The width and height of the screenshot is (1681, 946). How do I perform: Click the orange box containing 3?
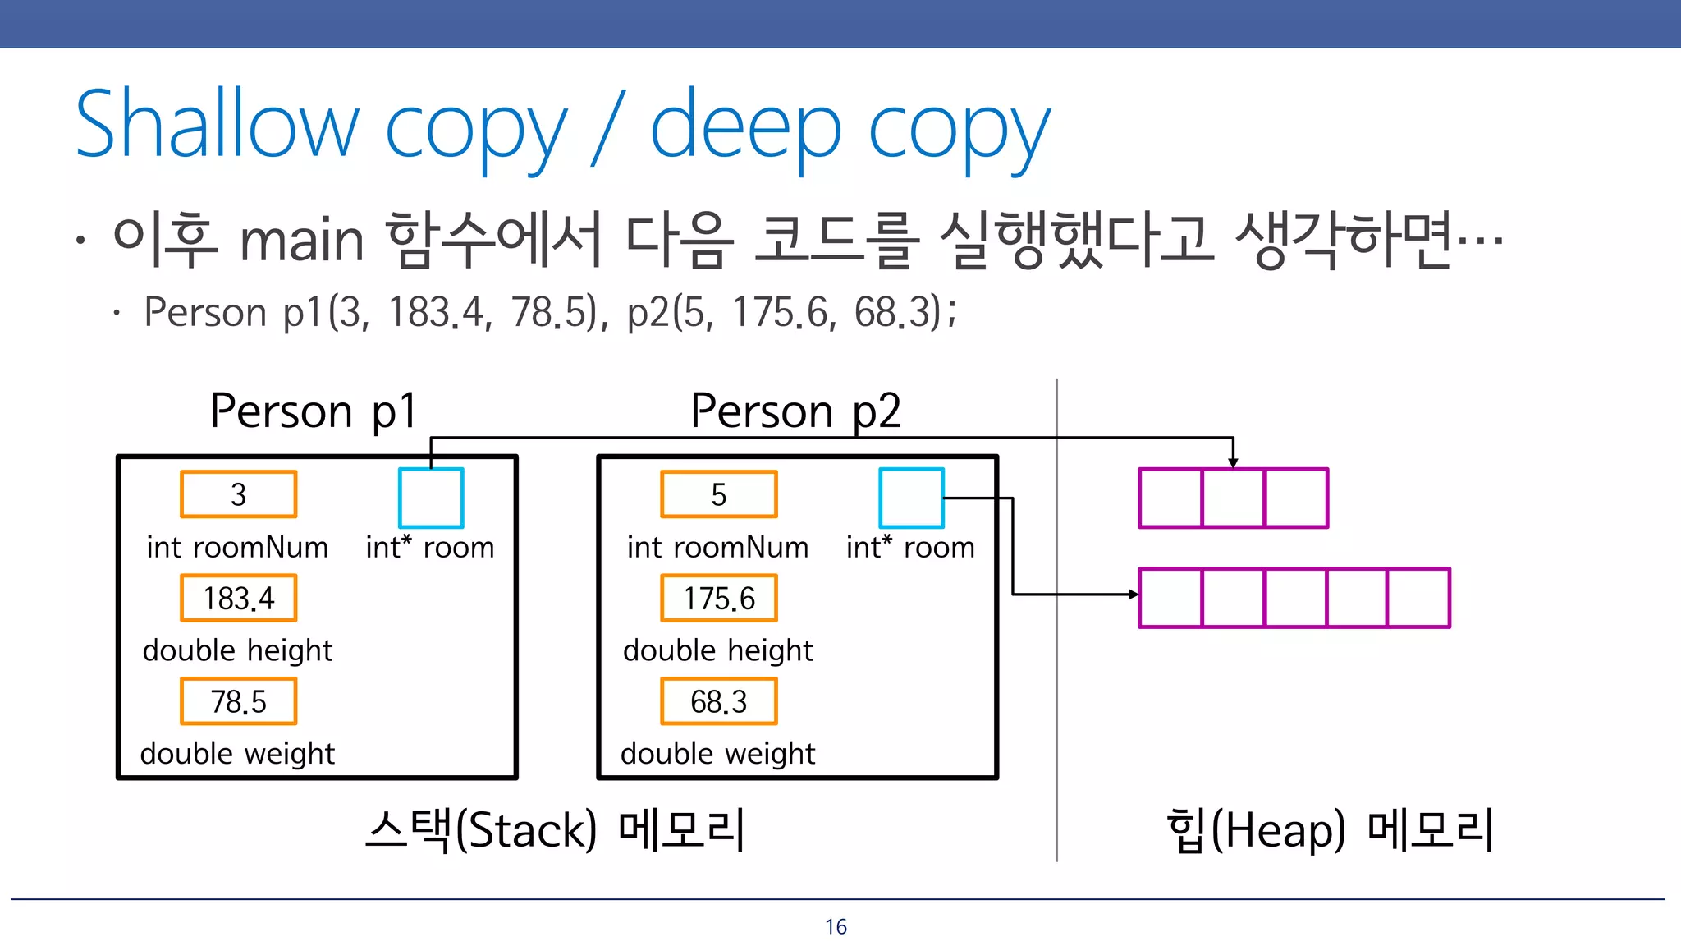(238, 494)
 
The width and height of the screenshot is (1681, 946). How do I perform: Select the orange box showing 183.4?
(238, 598)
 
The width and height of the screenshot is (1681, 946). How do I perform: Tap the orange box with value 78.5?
(238, 701)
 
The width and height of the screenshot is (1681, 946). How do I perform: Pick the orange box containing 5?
(719, 494)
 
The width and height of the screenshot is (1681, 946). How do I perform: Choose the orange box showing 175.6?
(719, 598)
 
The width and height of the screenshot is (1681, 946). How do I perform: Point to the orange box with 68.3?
(719, 701)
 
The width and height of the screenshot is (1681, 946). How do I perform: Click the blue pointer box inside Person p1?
(431, 498)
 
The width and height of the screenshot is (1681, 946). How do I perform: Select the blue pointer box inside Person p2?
(911, 498)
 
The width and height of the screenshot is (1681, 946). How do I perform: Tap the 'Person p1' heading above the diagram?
(314, 411)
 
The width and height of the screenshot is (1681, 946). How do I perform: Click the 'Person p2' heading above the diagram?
(795, 411)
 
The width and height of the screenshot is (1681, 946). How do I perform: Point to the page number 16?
(836, 927)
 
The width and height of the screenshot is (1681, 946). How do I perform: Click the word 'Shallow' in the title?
(218, 125)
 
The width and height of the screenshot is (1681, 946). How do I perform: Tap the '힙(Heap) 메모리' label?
(1330, 829)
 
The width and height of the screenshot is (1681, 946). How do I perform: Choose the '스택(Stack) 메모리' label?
(556, 829)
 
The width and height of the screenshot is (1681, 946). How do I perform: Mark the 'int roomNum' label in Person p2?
(717, 547)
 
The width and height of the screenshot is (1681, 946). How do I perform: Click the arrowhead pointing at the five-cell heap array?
(1134, 594)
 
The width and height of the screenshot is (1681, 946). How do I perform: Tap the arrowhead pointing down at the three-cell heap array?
(1233, 463)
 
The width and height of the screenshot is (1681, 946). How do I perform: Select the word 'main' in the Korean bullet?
(301, 241)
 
